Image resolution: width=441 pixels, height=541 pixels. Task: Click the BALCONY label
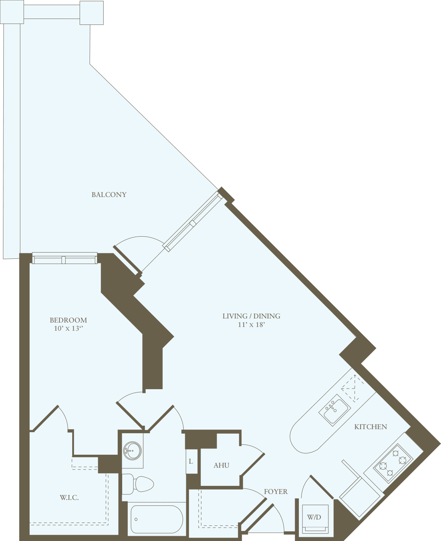[109, 194]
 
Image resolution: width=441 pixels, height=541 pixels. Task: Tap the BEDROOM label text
[69, 320]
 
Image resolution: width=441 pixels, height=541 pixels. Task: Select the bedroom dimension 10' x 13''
[69, 328]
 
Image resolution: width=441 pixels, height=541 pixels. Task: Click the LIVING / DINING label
[251, 316]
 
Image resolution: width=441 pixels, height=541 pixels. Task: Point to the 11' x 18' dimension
[251, 325]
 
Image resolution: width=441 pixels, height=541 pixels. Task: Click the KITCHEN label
[371, 427]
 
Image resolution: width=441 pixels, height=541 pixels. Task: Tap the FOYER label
[275, 491]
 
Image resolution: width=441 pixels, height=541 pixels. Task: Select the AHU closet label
[221, 465]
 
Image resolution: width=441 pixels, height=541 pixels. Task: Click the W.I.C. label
[69, 497]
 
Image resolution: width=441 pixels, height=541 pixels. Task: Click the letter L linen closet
[191, 461]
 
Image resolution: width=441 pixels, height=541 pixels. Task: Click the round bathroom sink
[132, 451]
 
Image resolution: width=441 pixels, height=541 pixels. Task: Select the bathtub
[157, 519]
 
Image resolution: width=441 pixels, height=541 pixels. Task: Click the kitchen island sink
[335, 410]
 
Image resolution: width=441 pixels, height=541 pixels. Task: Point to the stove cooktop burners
[393, 463]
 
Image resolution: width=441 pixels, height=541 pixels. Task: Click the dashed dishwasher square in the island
[352, 388]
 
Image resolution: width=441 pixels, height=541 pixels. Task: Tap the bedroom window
[64, 258]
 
